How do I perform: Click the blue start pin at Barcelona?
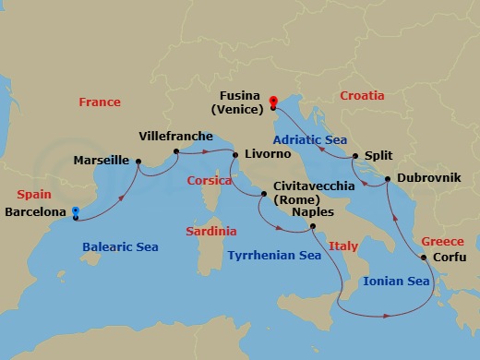pyautogui.click(x=75, y=212)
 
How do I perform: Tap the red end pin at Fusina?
pyautogui.click(x=273, y=102)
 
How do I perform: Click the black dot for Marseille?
pyautogui.click(x=138, y=163)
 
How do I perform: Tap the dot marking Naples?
pyautogui.click(x=312, y=226)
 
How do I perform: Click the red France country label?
pyautogui.click(x=100, y=102)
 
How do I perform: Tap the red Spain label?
pyautogui.click(x=35, y=196)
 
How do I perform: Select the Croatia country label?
pyautogui.click(x=363, y=95)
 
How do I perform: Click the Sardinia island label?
pyautogui.click(x=210, y=231)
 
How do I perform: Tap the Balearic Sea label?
pyautogui.click(x=120, y=247)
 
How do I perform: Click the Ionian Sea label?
pyautogui.click(x=395, y=282)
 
